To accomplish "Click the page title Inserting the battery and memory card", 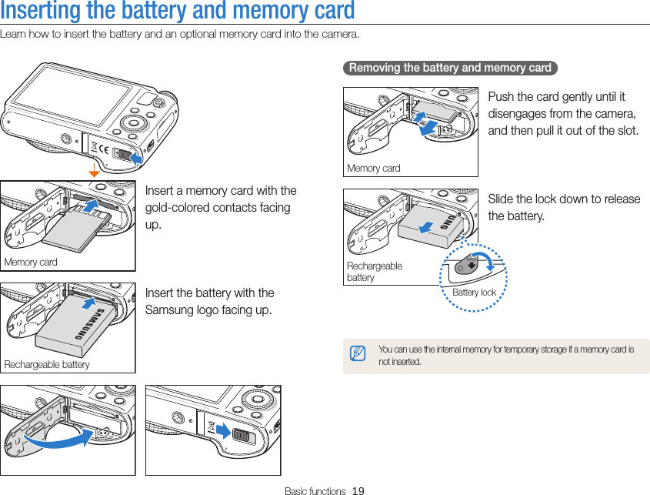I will pyautogui.click(x=178, y=12).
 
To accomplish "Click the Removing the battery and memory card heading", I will pyautogui.click(x=450, y=68).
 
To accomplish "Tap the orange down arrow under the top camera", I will pyautogui.click(x=94, y=170).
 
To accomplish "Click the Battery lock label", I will pyautogui.click(x=474, y=293).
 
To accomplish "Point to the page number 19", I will pyautogui.click(x=358, y=490).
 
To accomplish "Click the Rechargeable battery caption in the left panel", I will pyautogui.click(x=47, y=364).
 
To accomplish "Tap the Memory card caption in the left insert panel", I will pyautogui.click(x=31, y=262).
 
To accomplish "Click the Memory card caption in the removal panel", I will pyautogui.click(x=374, y=168).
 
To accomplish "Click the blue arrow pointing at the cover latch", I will pyautogui.click(x=135, y=157).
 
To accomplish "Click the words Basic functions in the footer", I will pyautogui.click(x=315, y=490).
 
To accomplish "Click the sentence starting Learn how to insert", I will pyautogui.click(x=179, y=34).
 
